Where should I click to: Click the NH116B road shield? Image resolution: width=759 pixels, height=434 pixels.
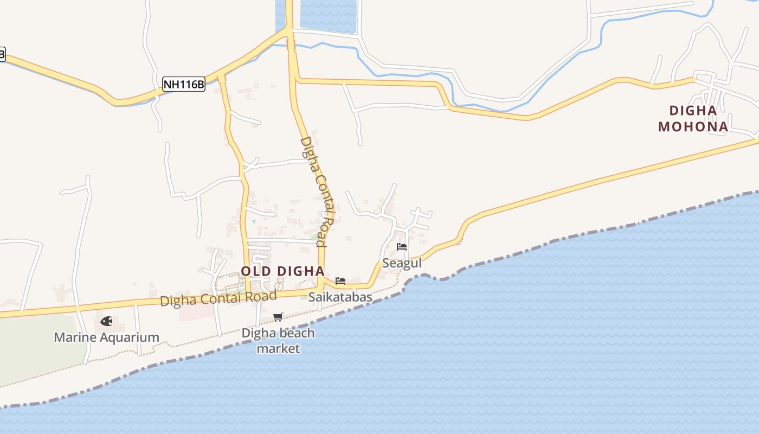click(184, 84)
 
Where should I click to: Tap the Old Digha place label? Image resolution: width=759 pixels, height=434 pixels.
click(282, 271)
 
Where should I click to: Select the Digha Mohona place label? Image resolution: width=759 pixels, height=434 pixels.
click(693, 119)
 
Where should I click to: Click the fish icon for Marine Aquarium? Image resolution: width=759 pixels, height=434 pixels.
click(107, 321)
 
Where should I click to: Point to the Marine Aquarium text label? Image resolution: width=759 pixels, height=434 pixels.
click(107, 337)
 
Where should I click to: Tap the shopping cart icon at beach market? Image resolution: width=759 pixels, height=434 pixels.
click(278, 317)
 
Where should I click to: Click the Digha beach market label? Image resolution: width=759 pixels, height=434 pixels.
click(278, 341)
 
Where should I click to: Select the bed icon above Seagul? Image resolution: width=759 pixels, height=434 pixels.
click(402, 247)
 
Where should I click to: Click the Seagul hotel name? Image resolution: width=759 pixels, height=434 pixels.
click(402, 263)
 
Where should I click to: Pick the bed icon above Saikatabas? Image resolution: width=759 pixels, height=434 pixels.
click(340, 280)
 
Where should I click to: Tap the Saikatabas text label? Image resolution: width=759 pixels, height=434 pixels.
click(340, 297)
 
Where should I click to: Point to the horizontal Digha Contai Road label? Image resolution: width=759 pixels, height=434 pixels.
click(218, 298)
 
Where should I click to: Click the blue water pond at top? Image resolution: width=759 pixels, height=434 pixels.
click(329, 15)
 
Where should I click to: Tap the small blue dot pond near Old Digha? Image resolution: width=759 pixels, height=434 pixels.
click(253, 221)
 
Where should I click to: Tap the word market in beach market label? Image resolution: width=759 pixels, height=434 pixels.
click(278, 348)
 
